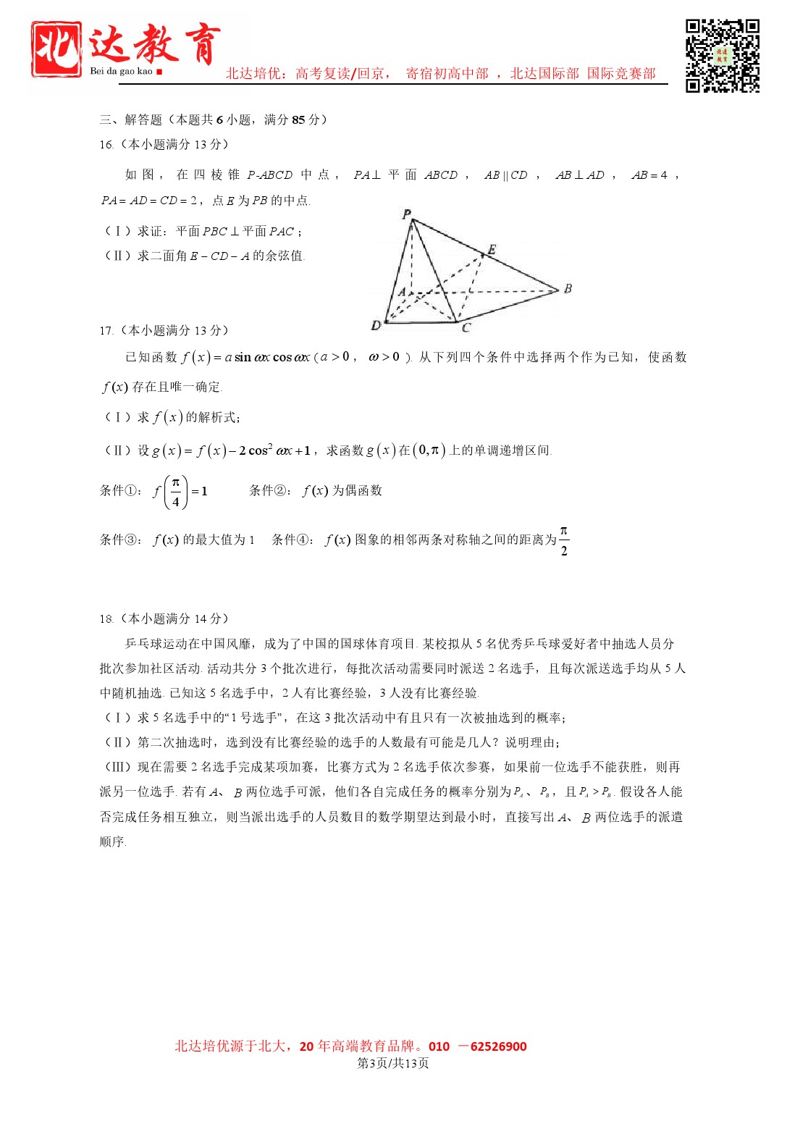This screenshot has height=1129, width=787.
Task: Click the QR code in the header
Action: pyautogui.click(x=722, y=56)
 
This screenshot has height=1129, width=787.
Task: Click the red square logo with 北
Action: pyautogui.click(x=56, y=49)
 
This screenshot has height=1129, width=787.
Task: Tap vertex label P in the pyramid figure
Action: pyautogui.click(x=406, y=214)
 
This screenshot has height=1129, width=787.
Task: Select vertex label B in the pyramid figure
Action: pyautogui.click(x=568, y=288)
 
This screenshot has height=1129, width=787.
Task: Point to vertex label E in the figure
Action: pyautogui.click(x=492, y=250)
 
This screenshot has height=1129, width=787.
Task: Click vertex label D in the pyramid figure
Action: pyautogui.click(x=375, y=326)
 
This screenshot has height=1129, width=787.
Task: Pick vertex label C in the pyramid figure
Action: pyautogui.click(x=466, y=327)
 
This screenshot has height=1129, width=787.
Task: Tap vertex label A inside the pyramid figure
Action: pyautogui.click(x=402, y=292)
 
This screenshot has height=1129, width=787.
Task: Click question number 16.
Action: pyautogui.click(x=106, y=145)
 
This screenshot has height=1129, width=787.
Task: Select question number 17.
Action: pyautogui.click(x=106, y=331)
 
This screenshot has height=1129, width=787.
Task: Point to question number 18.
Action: pyautogui.click(x=106, y=619)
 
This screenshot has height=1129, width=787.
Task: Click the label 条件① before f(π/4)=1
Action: pyautogui.click(x=121, y=491)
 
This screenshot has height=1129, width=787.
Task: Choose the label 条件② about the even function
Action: pyautogui.click(x=271, y=491)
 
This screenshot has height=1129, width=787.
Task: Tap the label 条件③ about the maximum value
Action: pyautogui.click(x=121, y=540)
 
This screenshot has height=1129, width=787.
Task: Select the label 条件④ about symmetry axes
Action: pyautogui.click(x=293, y=540)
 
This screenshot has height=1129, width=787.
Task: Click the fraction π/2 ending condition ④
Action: pyautogui.click(x=564, y=541)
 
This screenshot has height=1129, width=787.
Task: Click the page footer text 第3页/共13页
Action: pyautogui.click(x=393, y=1063)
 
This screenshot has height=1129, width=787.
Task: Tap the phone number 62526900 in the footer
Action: pyautogui.click(x=498, y=1046)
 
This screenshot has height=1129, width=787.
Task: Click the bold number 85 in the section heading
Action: pyautogui.click(x=298, y=120)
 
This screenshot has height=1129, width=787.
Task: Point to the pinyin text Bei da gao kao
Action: pyautogui.click(x=121, y=71)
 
